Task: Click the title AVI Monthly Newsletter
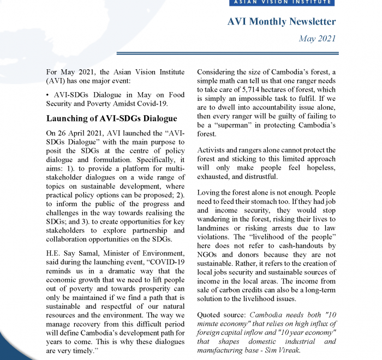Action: coord(281,22)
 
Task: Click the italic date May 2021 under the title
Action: coord(318,39)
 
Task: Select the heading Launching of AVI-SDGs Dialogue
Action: coord(111,118)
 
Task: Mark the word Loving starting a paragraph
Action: coord(211,193)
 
